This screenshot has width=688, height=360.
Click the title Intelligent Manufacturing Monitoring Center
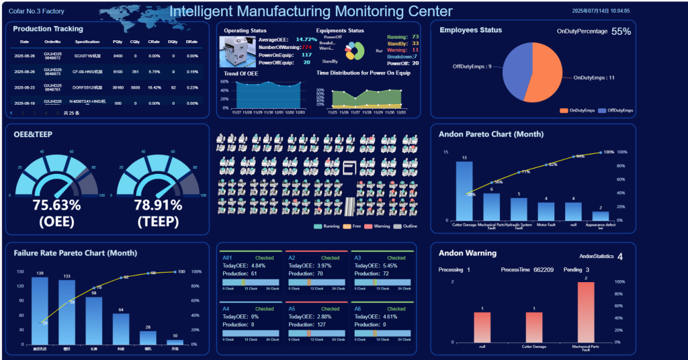[310, 11]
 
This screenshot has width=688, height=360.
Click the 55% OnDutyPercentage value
[621, 32]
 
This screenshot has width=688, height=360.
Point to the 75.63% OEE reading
[56, 205]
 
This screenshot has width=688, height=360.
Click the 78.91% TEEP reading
[158, 205]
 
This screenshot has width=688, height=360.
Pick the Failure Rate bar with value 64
[121, 328]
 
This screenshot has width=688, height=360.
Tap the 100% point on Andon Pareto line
[600, 152]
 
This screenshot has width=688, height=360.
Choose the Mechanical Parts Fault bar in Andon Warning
[586, 312]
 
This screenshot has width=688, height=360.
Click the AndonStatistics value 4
[619, 257]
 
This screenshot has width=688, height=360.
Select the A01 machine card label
[227, 258]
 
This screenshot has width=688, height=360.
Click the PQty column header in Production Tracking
[118, 42]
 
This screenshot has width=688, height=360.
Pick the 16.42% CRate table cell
[154, 87]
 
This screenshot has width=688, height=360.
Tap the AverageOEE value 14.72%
[306, 40]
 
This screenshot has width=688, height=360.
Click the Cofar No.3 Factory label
[36, 11]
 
